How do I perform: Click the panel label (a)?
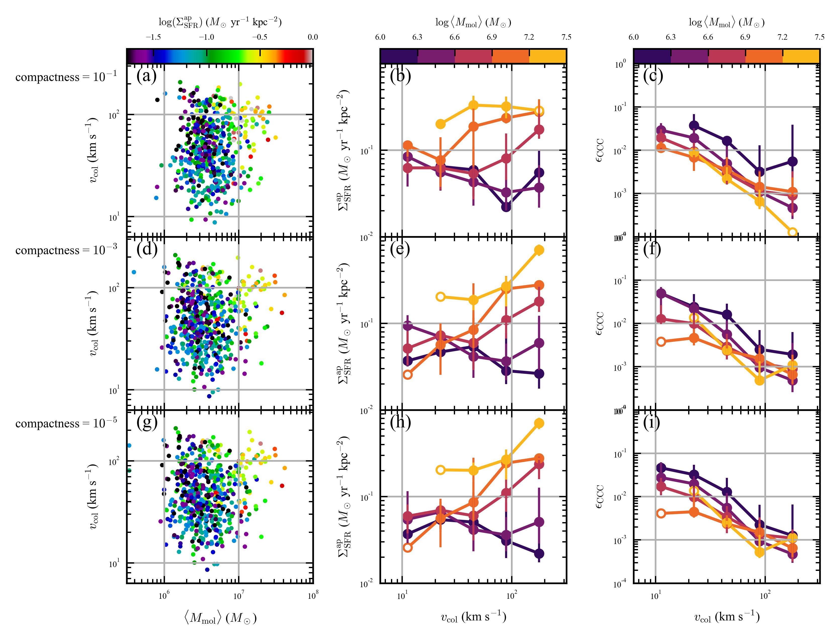146,77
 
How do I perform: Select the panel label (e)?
400,250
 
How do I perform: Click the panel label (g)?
147,423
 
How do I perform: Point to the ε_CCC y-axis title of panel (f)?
600,324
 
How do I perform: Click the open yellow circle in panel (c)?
793,232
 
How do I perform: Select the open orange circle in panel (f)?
661,342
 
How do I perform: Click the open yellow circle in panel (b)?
539,111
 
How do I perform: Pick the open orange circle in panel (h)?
408,548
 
